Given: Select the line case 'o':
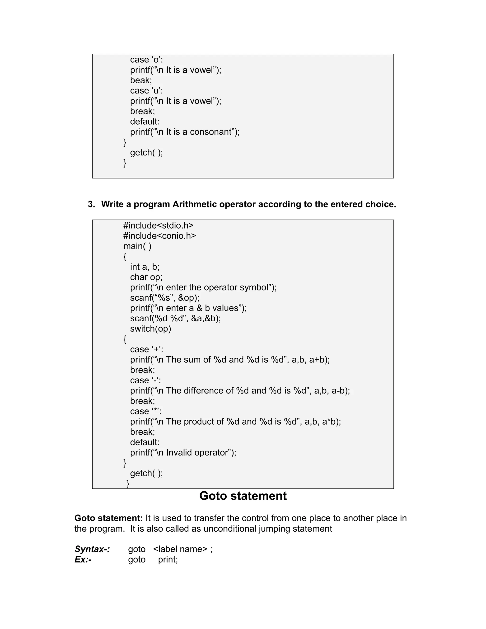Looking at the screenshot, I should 146,60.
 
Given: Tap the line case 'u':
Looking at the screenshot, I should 146,90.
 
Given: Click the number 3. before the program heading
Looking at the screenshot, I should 91,204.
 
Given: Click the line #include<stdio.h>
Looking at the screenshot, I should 158,225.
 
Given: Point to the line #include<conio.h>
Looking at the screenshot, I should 159,236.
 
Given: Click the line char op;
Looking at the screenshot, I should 146,277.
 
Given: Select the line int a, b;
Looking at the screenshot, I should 145,267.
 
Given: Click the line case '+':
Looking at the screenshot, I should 146,349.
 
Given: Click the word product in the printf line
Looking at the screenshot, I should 200,422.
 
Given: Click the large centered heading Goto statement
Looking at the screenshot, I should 243,496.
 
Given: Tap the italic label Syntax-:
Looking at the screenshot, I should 92,549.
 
